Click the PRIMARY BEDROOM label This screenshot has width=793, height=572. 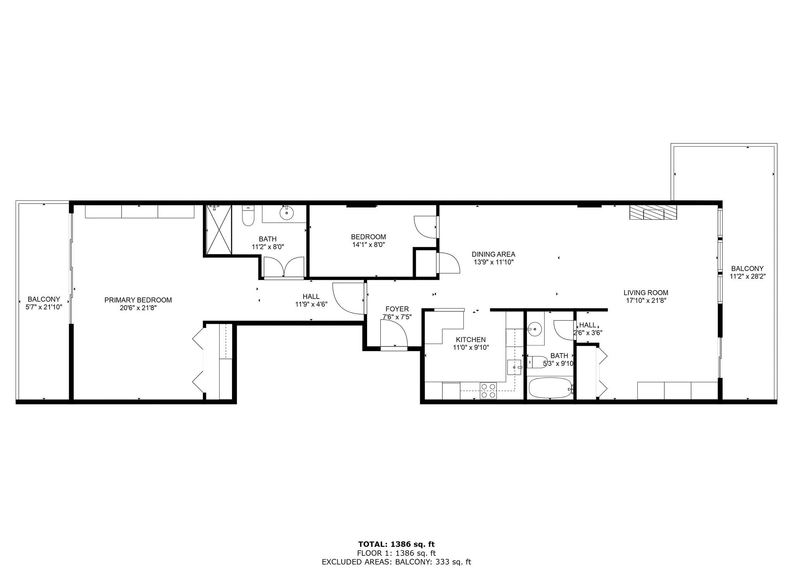(x=138, y=300)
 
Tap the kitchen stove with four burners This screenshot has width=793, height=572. (x=488, y=390)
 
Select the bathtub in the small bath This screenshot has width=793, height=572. (x=550, y=388)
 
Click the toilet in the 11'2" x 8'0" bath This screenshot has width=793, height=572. (x=248, y=216)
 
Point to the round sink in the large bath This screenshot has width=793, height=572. (x=287, y=213)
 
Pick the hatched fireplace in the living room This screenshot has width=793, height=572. (x=653, y=212)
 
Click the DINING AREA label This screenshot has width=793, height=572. (x=493, y=254)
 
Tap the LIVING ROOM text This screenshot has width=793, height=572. (x=646, y=293)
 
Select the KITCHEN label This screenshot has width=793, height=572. (x=471, y=340)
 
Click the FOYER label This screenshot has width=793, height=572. (x=397, y=309)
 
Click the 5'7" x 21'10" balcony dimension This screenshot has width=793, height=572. (x=44, y=307)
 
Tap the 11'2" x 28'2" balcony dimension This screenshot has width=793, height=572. (x=747, y=277)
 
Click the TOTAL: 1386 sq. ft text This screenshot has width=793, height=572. (x=396, y=545)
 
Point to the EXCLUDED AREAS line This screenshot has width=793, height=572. (x=396, y=562)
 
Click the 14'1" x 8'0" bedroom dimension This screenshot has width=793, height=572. (x=368, y=244)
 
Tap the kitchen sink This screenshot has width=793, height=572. (x=514, y=367)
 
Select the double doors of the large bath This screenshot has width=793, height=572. (x=283, y=267)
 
